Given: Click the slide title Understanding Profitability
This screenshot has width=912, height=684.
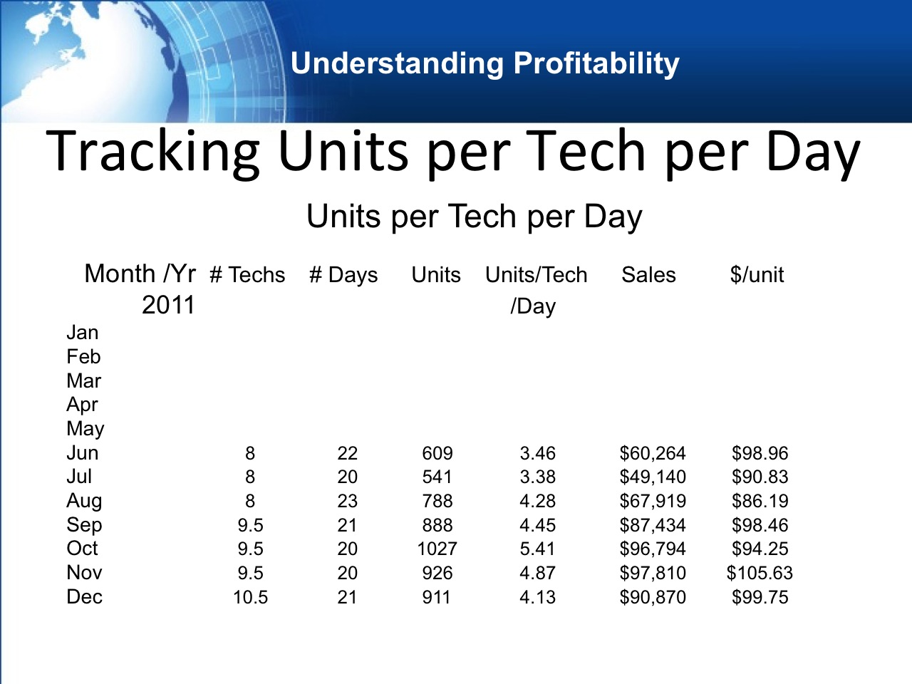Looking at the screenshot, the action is pyautogui.click(x=485, y=63).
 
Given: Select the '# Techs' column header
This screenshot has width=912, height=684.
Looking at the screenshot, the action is pyautogui.click(x=248, y=275).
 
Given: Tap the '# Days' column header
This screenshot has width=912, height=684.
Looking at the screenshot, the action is pyautogui.click(x=343, y=275).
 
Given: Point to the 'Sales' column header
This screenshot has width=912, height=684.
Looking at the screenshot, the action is pyautogui.click(x=648, y=275).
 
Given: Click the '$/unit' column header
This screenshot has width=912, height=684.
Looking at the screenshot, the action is pyautogui.click(x=757, y=275).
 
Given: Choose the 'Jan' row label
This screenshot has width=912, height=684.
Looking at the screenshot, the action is pyautogui.click(x=82, y=333).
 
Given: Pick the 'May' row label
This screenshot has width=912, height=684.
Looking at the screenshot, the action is pyautogui.click(x=85, y=429).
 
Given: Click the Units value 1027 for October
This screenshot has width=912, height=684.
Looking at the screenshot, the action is pyautogui.click(x=437, y=549).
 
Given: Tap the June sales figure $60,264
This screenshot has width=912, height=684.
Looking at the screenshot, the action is pyautogui.click(x=653, y=453).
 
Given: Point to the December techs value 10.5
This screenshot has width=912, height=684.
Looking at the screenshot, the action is pyautogui.click(x=251, y=597).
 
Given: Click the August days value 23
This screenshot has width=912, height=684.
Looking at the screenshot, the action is pyautogui.click(x=348, y=501).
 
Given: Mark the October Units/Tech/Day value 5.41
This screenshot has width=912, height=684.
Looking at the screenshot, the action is pyautogui.click(x=538, y=549).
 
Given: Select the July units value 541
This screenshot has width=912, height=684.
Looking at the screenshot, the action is pyautogui.click(x=437, y=477).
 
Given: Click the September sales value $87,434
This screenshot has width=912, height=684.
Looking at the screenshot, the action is pyautogui.click(x=653, y=525).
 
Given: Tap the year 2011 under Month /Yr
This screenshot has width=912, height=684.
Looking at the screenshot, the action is pyautogui.click(x=168, y=305).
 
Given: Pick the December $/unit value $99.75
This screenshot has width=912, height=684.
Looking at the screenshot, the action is pyautogui.click(x=760, y=597).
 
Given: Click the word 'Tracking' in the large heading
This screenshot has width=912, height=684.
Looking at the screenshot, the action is pyautogui.click(x=152, y=152).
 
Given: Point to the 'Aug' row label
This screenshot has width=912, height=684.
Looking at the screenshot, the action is pyautogui.click(x=84, y=502).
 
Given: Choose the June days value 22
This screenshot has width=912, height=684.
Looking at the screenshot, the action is pyautogui.click(x=348, y=453).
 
